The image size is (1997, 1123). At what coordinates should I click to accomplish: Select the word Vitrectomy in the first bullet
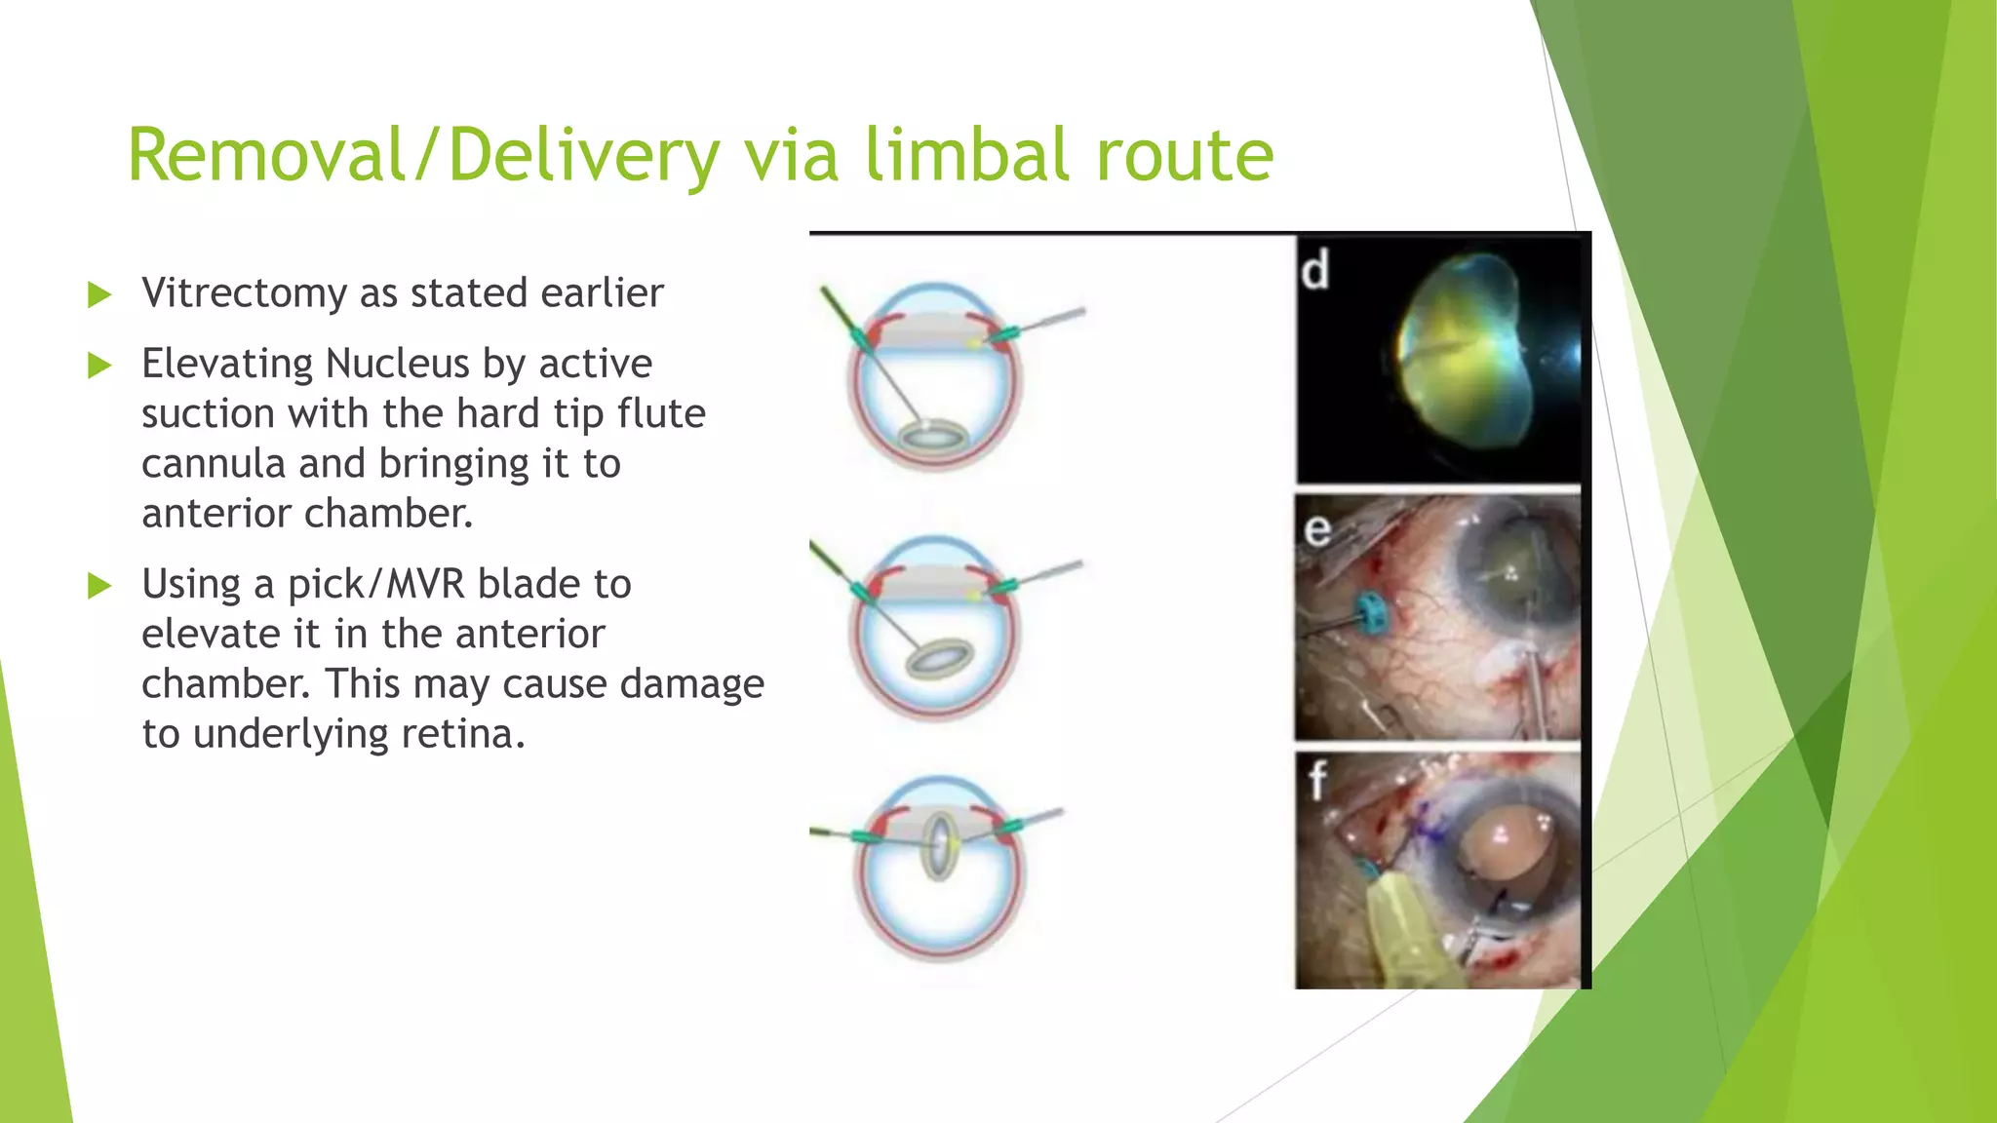click(244, 293)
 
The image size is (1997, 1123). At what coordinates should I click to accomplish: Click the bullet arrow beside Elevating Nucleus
click(99, 366)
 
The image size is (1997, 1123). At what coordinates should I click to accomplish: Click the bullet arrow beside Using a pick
click(99, 586)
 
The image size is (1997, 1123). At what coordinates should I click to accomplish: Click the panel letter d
click(1314, 270)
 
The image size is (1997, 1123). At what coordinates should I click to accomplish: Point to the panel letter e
click(1316, 530)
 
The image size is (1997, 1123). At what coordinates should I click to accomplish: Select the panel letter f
click(1317, 780)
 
